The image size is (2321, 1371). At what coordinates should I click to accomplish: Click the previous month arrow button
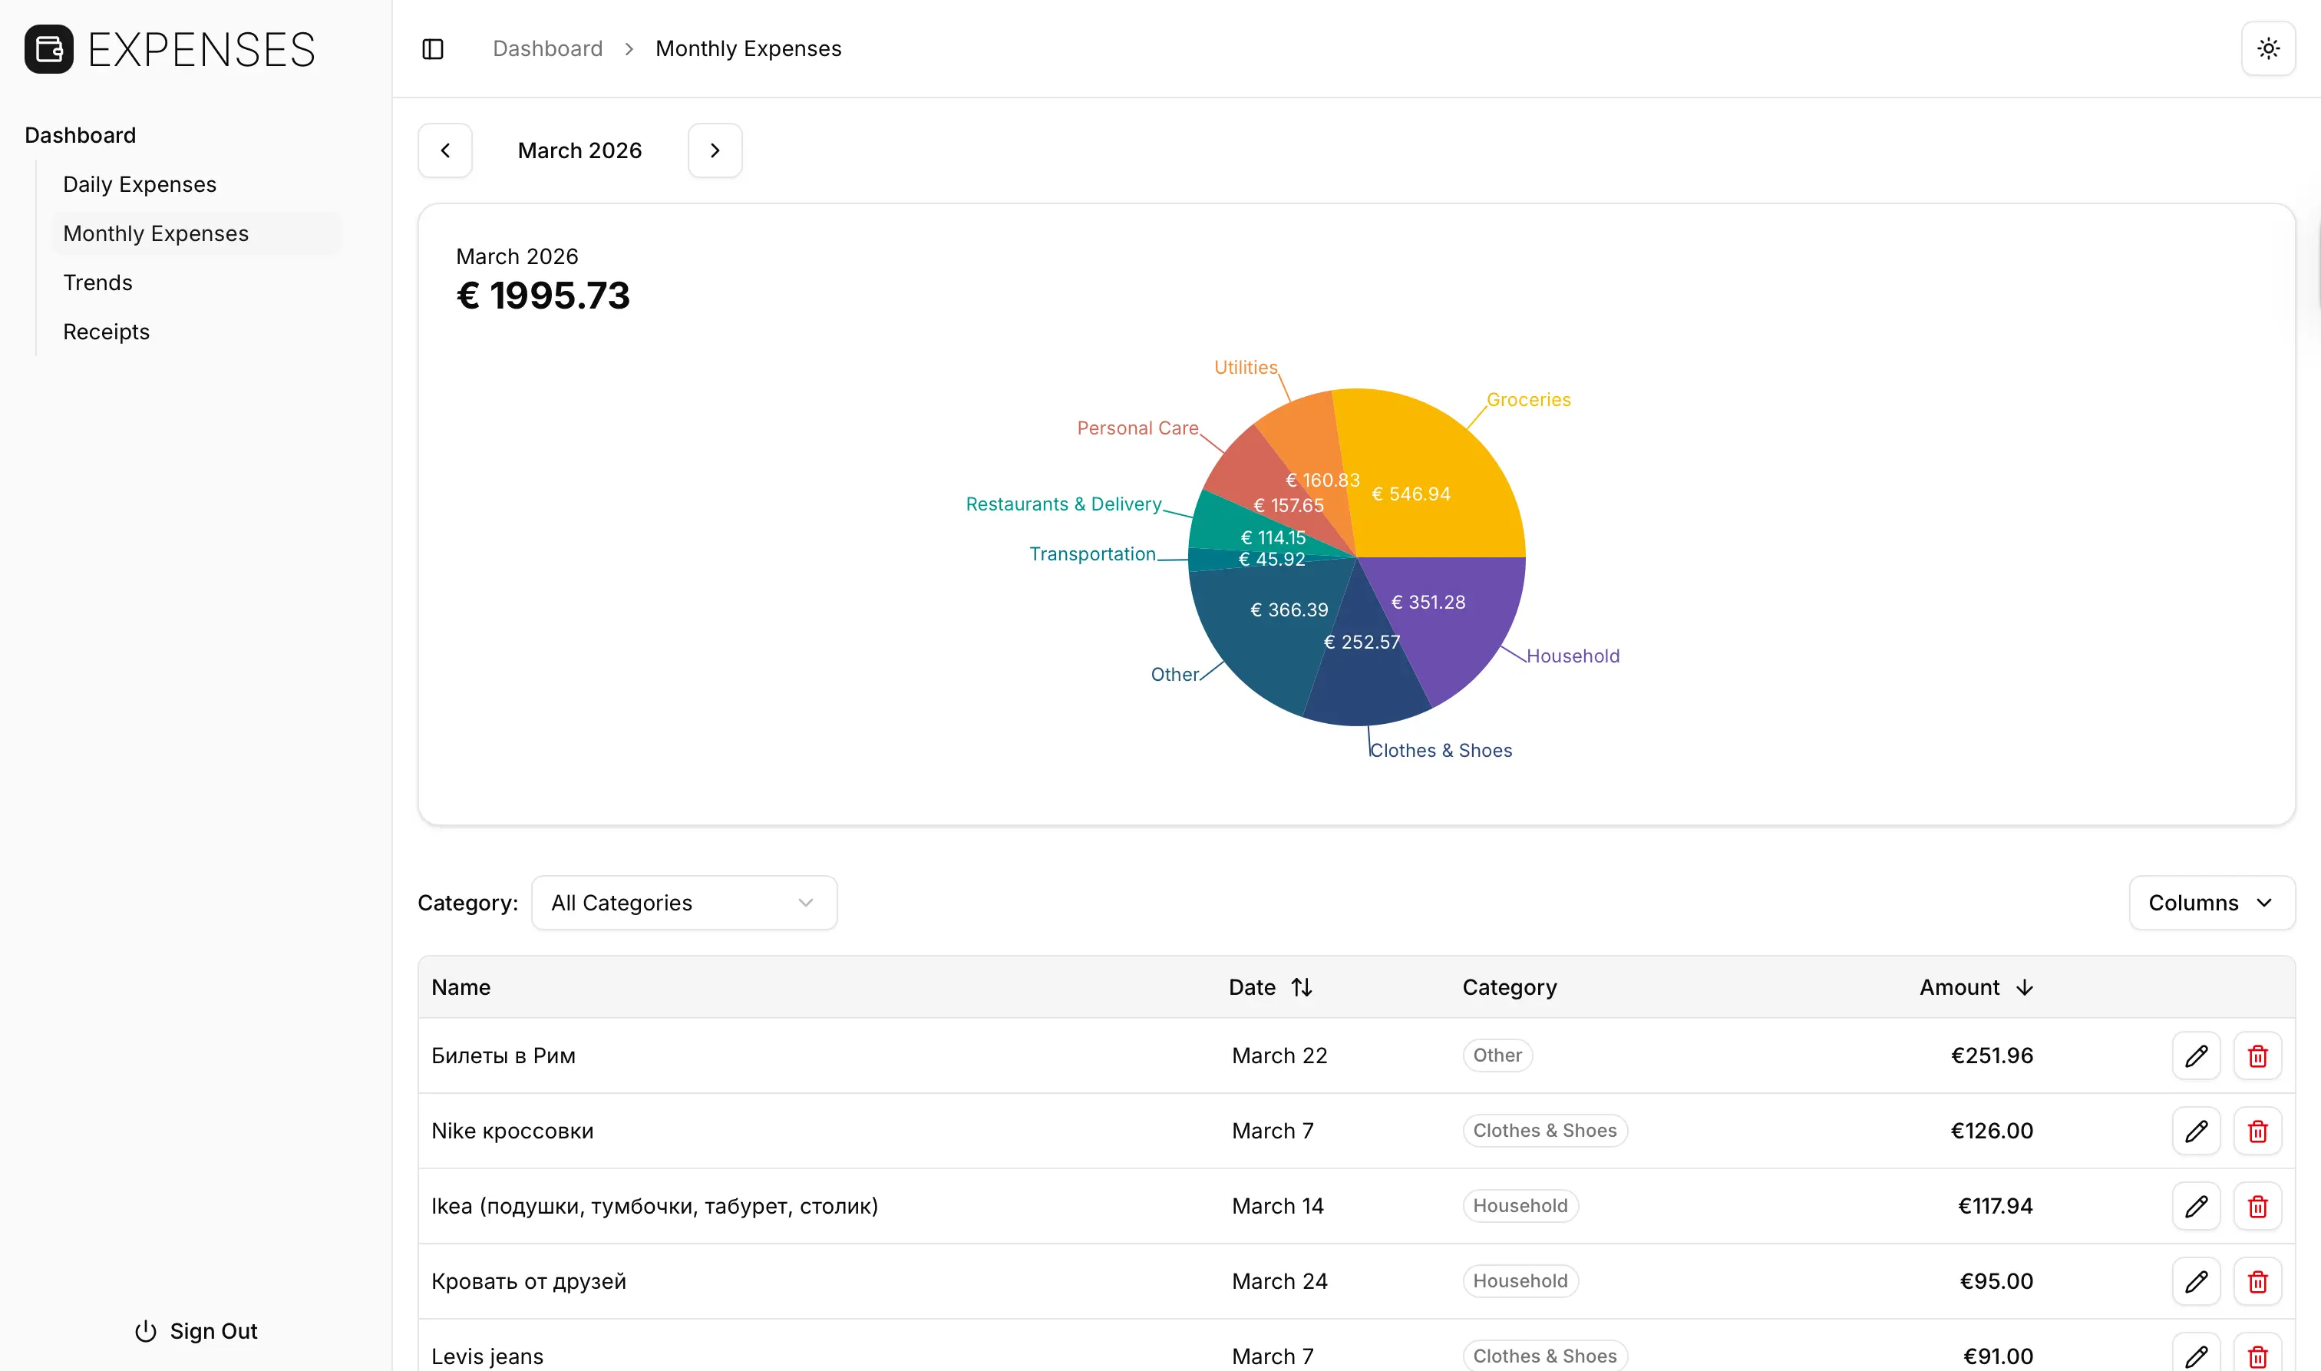445,150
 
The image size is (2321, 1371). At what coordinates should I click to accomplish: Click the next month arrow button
715,150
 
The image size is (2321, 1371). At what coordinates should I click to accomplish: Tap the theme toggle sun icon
2268,49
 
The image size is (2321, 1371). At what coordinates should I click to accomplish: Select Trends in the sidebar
98,282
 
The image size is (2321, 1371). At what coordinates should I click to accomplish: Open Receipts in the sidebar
106,332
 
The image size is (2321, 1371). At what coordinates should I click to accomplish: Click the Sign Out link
196,1331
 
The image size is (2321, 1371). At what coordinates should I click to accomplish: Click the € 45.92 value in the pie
1272,560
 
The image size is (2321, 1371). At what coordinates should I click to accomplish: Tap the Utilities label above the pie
1245,368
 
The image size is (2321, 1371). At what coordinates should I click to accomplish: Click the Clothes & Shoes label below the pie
1441,751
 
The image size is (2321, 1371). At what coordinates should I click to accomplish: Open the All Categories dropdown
683,903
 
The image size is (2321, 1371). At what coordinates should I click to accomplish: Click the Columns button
2211,903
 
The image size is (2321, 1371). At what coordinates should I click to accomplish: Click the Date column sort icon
1302,988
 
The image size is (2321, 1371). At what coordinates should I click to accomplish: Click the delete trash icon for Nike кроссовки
2257,1131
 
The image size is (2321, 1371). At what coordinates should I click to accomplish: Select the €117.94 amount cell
1995,1207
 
